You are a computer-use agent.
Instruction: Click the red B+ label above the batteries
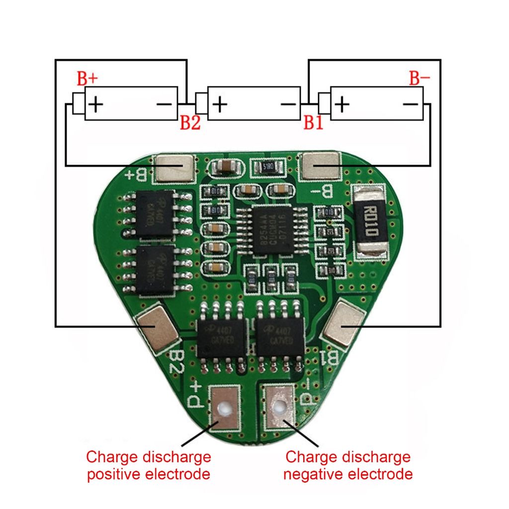coord(87,78)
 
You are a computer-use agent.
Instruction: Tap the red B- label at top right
coord(419,78)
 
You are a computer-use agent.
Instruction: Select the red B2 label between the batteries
coord(190,123)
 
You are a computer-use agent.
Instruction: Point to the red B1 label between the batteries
coord(313,123)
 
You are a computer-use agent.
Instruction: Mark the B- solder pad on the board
coord(321,166)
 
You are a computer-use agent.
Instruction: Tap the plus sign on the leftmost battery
coord(95,104)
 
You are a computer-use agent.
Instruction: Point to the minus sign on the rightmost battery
coord(410,104)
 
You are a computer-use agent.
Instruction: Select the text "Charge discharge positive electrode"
coord(148,465)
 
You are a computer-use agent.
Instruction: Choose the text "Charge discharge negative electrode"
coord(348,465)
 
